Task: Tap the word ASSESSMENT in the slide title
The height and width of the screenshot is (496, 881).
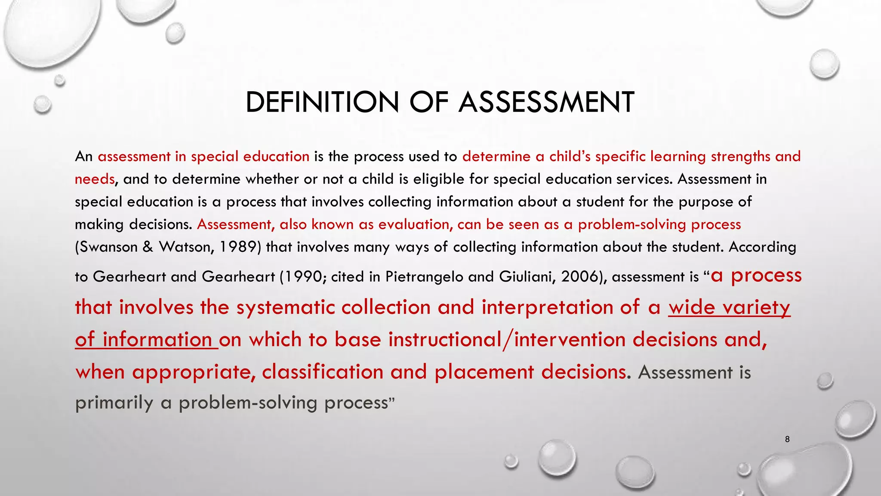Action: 546,102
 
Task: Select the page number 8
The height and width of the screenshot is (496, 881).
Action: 787,439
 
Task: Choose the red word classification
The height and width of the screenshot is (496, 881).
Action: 323,372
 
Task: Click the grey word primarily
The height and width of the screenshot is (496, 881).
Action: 114,403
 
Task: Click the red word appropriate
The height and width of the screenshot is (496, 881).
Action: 193,372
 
